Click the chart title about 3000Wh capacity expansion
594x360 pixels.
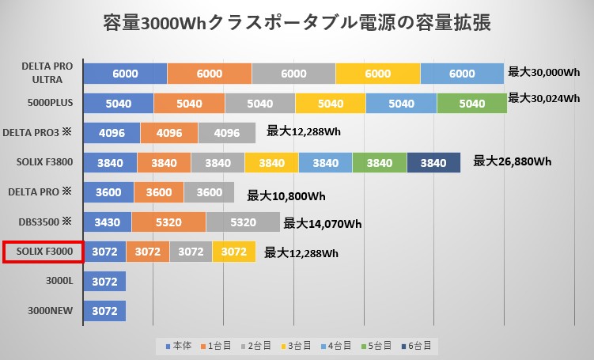click(x=297, y=22)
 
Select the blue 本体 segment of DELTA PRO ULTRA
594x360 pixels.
click(x=125, y=73)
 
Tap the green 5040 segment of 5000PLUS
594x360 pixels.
click(x=471, y=103)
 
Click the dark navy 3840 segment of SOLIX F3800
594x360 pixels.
click(x=433, y=162)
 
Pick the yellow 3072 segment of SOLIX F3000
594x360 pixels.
click(x=233, y=252)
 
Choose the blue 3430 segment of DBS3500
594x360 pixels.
click(x=107, y=222)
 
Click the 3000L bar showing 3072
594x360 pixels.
click(x=104, y=281)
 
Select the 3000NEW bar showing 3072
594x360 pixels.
click(x=104, y=311)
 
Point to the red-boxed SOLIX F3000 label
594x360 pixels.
click(x=42, y=252)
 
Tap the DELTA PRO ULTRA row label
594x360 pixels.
click(x=47, y=73)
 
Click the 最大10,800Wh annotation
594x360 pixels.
click(x=286, y=195)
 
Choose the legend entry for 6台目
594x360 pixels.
click(x=417, y=347)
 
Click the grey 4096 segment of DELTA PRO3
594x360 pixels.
click(x=227, y=133)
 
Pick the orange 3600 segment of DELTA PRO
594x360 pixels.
click(x=159, y=192)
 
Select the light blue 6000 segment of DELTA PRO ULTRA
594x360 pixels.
click(x=462, y=73)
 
